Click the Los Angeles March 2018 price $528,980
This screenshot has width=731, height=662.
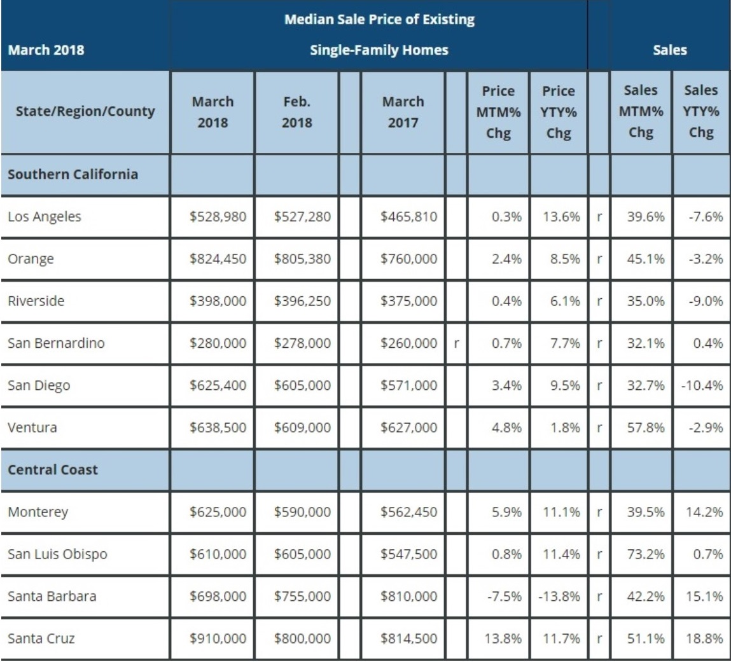click(x=218, y=217)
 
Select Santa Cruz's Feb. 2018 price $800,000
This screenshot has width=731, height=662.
click(x=302, y=638)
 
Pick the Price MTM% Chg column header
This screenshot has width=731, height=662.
click(x=498, y=112)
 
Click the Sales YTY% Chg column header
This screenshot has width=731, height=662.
click(x=700, y=112)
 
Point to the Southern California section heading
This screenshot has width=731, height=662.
click(x=73, y=174)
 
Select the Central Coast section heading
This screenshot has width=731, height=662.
click(x=53, y=469)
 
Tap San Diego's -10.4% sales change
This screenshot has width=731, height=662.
click(x=702, y=385)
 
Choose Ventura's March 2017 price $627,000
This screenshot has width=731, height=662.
click(x=409, y=427)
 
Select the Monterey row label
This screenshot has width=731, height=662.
click(x=38, y=512)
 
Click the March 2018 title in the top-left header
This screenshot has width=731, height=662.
click(x=46, y=50)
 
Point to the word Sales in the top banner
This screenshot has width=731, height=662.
click(x=670, y=50)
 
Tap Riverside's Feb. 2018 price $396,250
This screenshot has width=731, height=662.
click(x=302, y=301)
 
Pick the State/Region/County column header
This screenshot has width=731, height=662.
click(x=81, y=112)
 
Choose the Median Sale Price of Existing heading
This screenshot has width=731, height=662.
click(x=379, y=20)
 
